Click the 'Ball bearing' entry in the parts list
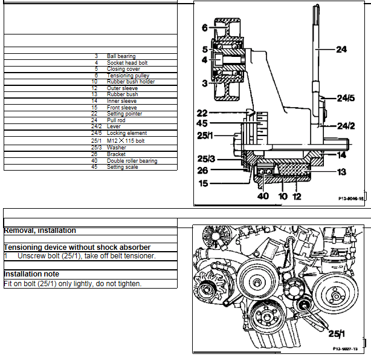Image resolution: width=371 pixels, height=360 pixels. click(121, 56)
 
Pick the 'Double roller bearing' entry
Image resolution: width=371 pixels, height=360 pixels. click(132, 161)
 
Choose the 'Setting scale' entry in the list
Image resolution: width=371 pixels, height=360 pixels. click(122, 167)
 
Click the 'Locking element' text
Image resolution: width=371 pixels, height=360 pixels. click(127, 133)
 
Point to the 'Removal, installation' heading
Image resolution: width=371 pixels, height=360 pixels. click(40, 231)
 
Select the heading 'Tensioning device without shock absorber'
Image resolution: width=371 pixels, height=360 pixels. click(77, 247)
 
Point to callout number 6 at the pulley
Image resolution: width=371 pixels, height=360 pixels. click(205, 27)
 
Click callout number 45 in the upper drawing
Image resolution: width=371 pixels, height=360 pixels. click(202, 124)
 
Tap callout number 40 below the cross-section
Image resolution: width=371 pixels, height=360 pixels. click(263, 195)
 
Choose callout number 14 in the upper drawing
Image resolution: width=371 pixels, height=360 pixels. click(341, 155)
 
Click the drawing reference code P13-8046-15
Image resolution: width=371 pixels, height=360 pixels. click(351, 198)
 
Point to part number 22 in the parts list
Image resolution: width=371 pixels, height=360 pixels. click(94, 113)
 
